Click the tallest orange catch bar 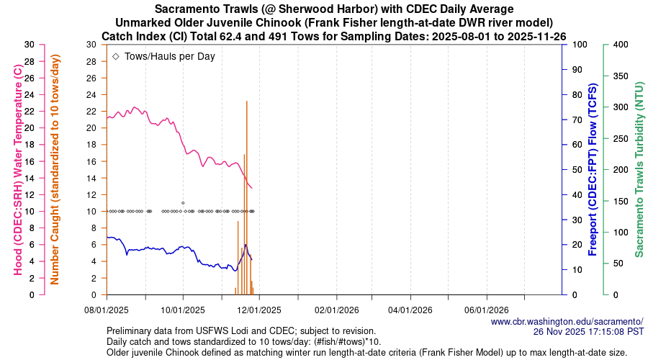(x=247, y=194)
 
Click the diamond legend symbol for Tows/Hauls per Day (x=116, y=55)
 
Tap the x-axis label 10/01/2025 (x=183, y=310)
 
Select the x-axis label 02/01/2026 (x=335, y=310)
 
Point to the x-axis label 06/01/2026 (x=487, y=310)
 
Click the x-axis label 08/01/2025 (x=107, y=310)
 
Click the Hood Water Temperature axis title (x=17, y=169)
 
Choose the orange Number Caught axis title (x=55, y=169)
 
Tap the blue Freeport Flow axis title (x=593, y=169)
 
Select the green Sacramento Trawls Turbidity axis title (x=638, y=169)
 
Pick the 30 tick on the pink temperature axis (x=29, y=45)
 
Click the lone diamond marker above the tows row (x=183, y=203)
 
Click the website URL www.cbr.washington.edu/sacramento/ (x=567, y=322)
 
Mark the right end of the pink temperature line (x=252, y=188)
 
